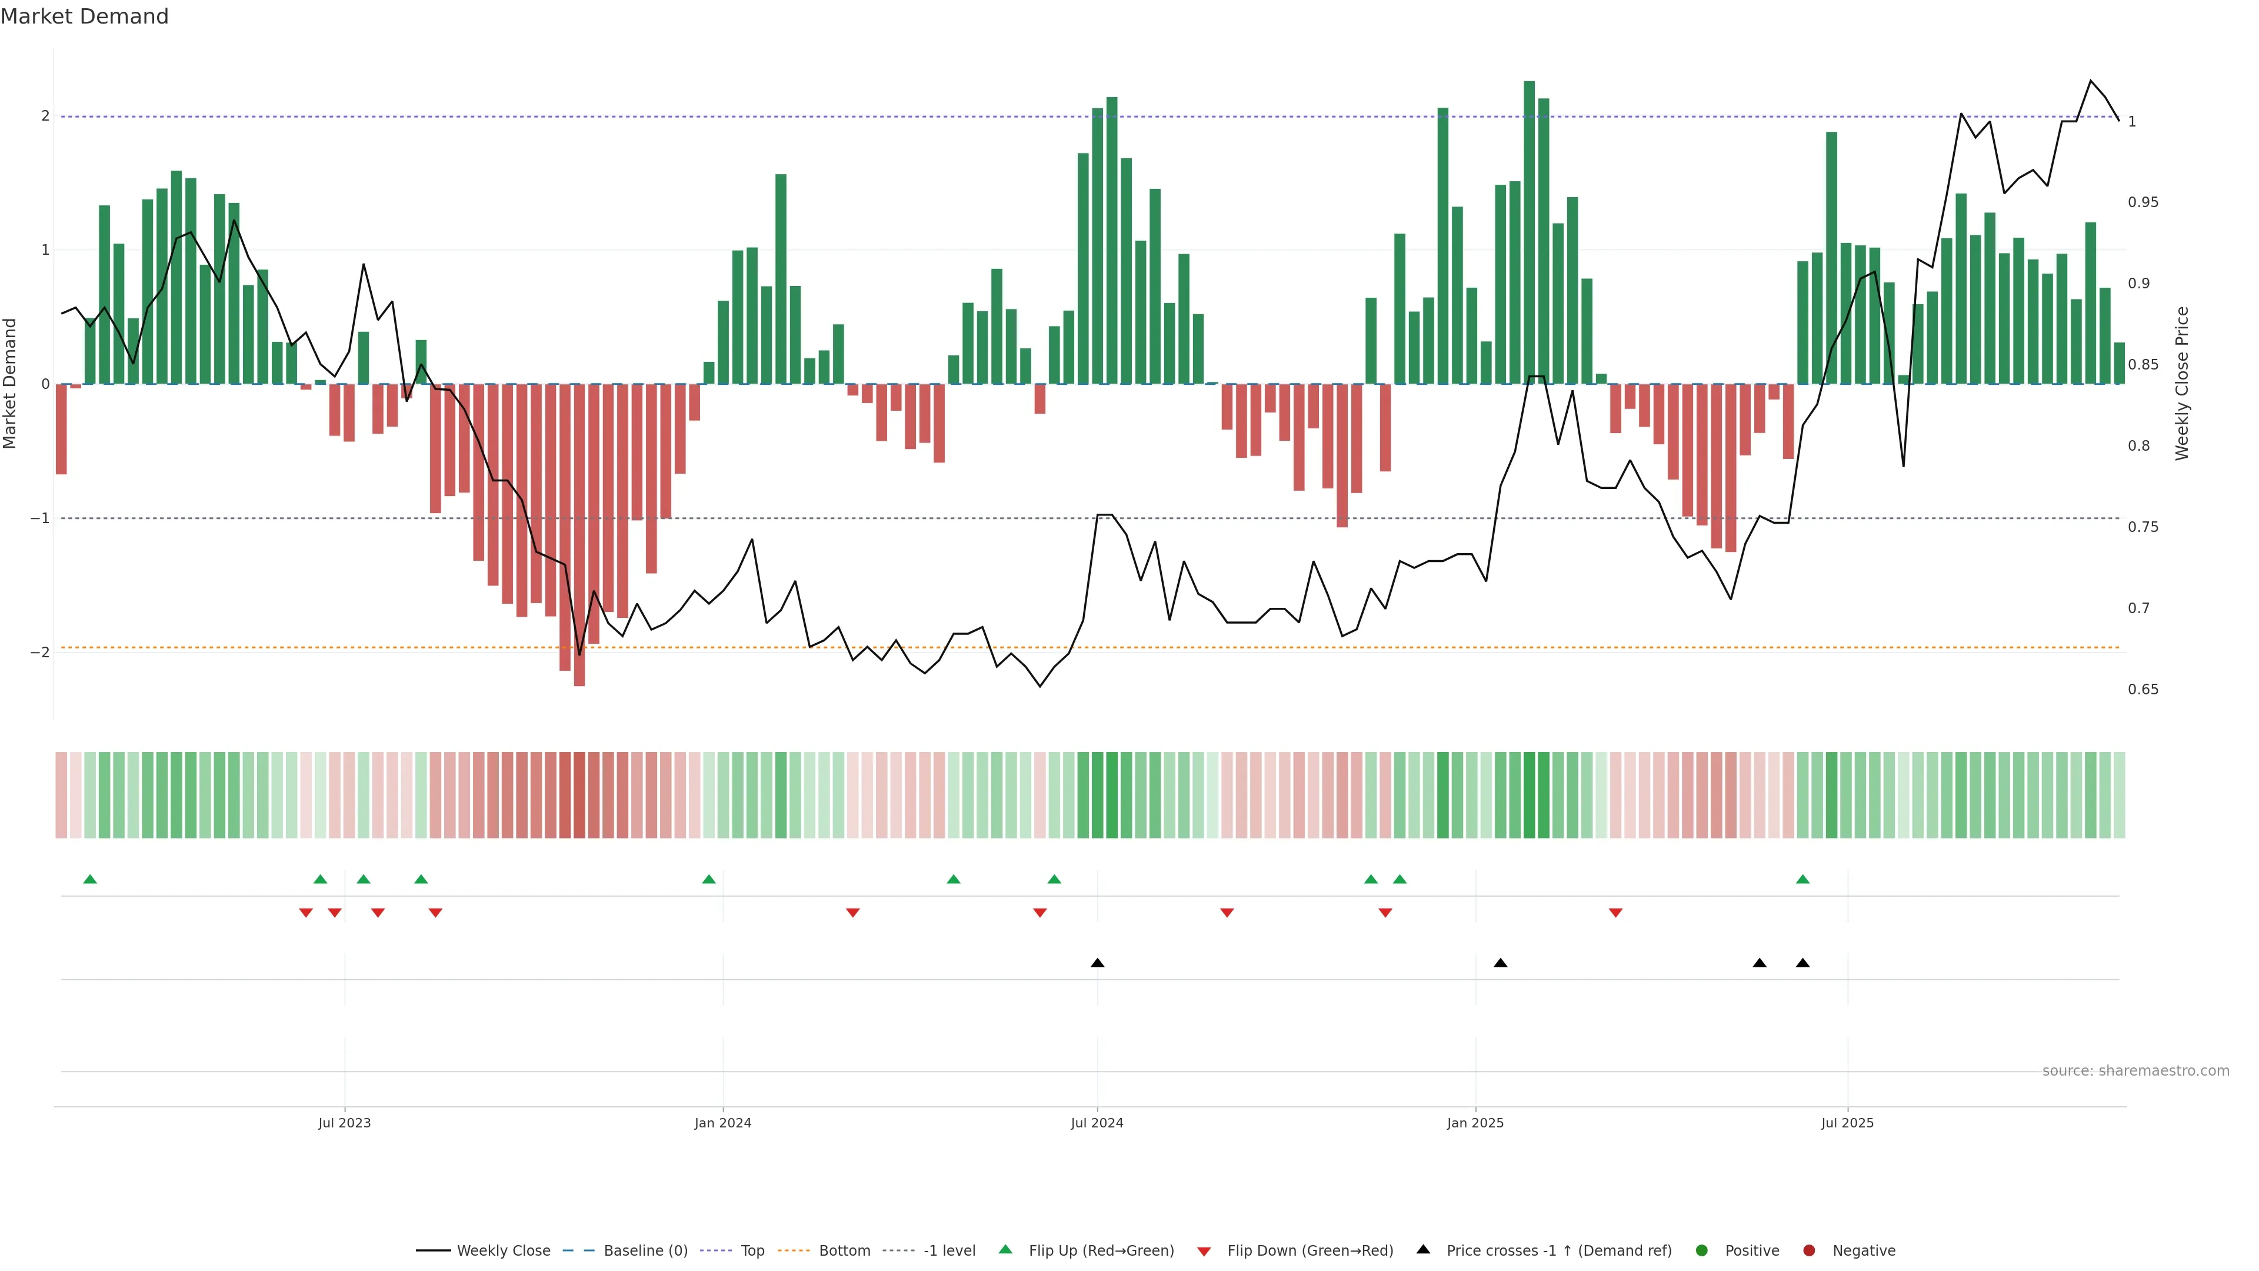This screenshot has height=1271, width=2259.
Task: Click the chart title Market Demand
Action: (x=84, y=16)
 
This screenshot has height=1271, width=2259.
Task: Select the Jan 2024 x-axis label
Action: (x=722, y=1123)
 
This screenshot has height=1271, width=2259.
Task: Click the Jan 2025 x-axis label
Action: (x=1475, y=1123)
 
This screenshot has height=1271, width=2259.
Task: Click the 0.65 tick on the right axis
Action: (x=2143, y=690)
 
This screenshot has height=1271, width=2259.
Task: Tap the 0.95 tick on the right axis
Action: (x=2143, y=202)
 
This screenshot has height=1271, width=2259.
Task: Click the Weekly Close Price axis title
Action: (x=2182, y=383)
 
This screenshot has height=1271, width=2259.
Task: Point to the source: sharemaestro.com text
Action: (x=2135, y=1071)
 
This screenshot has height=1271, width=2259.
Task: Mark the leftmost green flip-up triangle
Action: (x=89, y=879)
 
